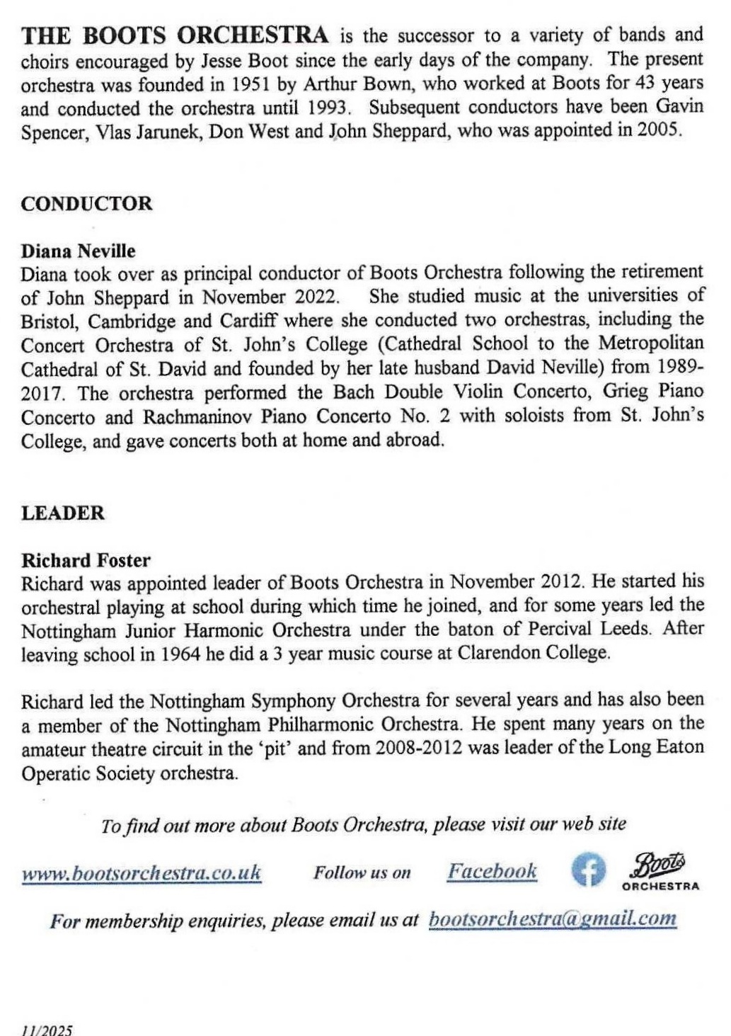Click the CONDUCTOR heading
tap(86, 204)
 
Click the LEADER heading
tap(62, 513)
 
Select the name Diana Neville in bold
tap(78, 251)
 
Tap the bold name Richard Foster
tap(86, 561)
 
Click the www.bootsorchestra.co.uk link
tap(142, 872)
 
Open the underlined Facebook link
tap(492, 871)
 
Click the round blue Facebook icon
tap(588, 870)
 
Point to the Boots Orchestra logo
tap(660, 872)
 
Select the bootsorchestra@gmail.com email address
tap(553, 919)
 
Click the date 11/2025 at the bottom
tap(47, 1030)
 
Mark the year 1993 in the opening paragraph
tap(328, 108)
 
